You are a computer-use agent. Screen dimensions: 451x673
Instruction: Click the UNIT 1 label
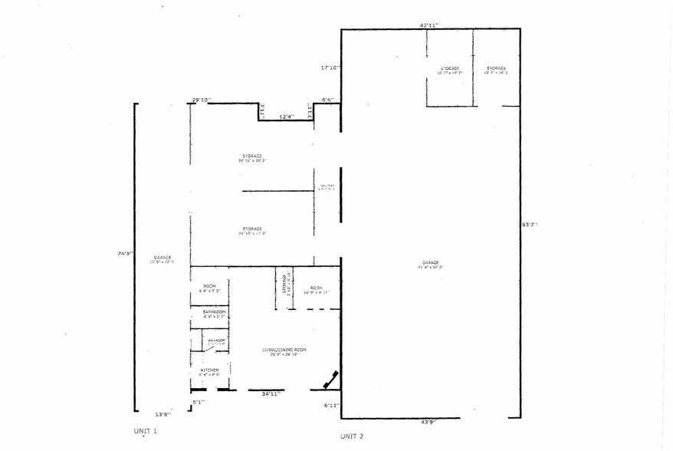[144, 431]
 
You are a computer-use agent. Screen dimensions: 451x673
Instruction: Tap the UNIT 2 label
[352, 436]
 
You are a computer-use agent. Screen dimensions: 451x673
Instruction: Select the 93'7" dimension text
[529, 225]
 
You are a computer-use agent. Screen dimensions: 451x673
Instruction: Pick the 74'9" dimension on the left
[125, 253]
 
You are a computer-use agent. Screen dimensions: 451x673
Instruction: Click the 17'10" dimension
[331, 67]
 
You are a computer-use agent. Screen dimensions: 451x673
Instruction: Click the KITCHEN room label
[210, 371]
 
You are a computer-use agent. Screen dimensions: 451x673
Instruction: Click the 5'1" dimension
[198, 401]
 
